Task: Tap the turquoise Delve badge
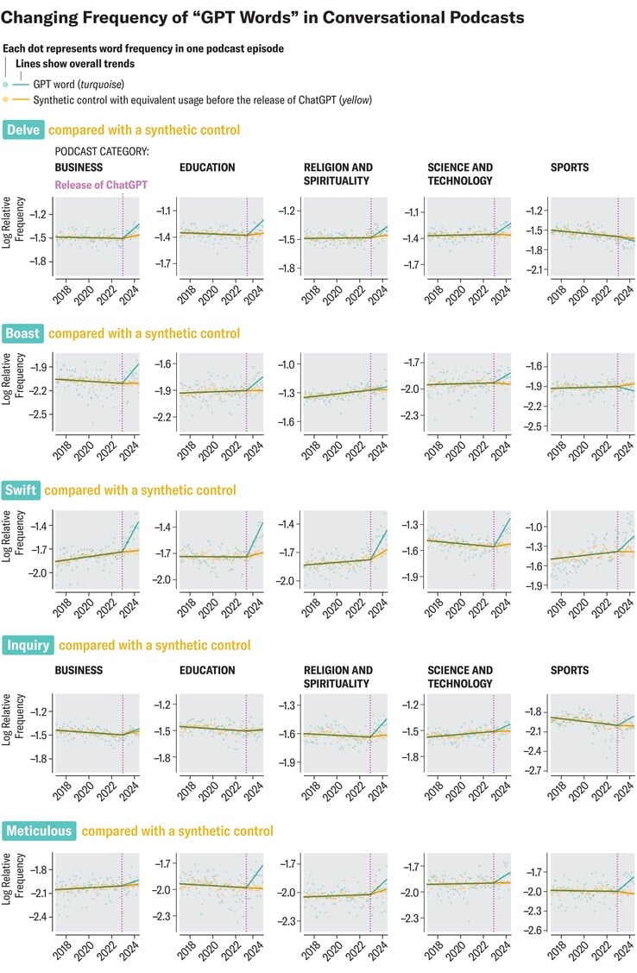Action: pos(24,130)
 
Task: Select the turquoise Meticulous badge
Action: pos(40,831)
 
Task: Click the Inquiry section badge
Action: pos(29,645)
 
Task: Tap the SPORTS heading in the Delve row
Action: pos(570,167)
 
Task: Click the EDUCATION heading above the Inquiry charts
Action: pos(207,670)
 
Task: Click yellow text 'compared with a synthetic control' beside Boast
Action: pos(144,333)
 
